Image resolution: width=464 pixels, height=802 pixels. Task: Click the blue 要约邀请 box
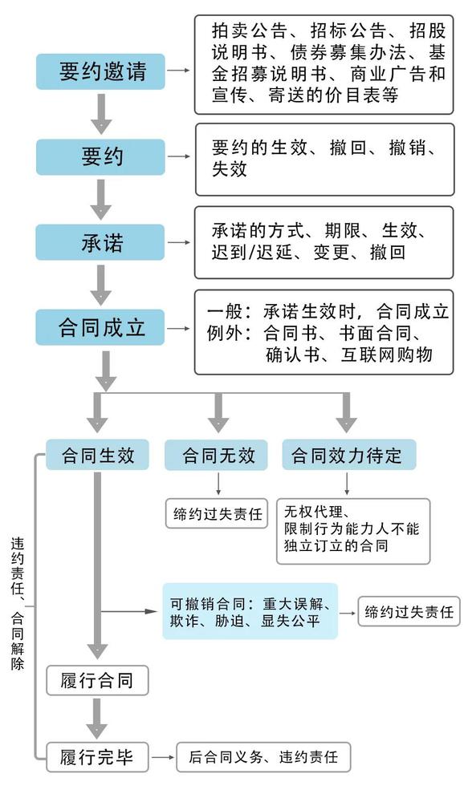(x=100, y=71)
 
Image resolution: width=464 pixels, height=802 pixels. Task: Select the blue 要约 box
(x=100, y=156)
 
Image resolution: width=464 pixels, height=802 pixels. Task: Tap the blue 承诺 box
(x=100, y=242)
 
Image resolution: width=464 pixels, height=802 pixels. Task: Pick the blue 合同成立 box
(x=100, y=327)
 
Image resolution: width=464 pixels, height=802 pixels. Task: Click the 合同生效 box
(x=96, y=456)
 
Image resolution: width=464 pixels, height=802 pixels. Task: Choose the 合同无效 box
(x=218, y=456)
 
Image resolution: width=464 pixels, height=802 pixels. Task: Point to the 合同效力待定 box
(x=348, y=456)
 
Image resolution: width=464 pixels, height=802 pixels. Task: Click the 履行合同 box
(x=96, y=682)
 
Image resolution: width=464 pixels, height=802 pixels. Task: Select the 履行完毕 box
(x=96, y=756)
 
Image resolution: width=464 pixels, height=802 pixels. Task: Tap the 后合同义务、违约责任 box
(x=263, y=756)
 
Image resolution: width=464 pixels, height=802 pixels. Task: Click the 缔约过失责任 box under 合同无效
(x=218, y=514)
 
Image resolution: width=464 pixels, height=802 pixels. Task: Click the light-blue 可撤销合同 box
(x=250, y=611)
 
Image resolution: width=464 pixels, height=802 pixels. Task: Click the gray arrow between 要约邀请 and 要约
(x=100, y=114)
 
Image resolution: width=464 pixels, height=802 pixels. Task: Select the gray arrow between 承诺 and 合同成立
(x=100, y=285)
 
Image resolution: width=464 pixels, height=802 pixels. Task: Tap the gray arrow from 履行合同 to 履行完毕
(x=97, y=718)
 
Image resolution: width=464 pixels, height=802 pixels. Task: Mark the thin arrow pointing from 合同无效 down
(x=218, y=485)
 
